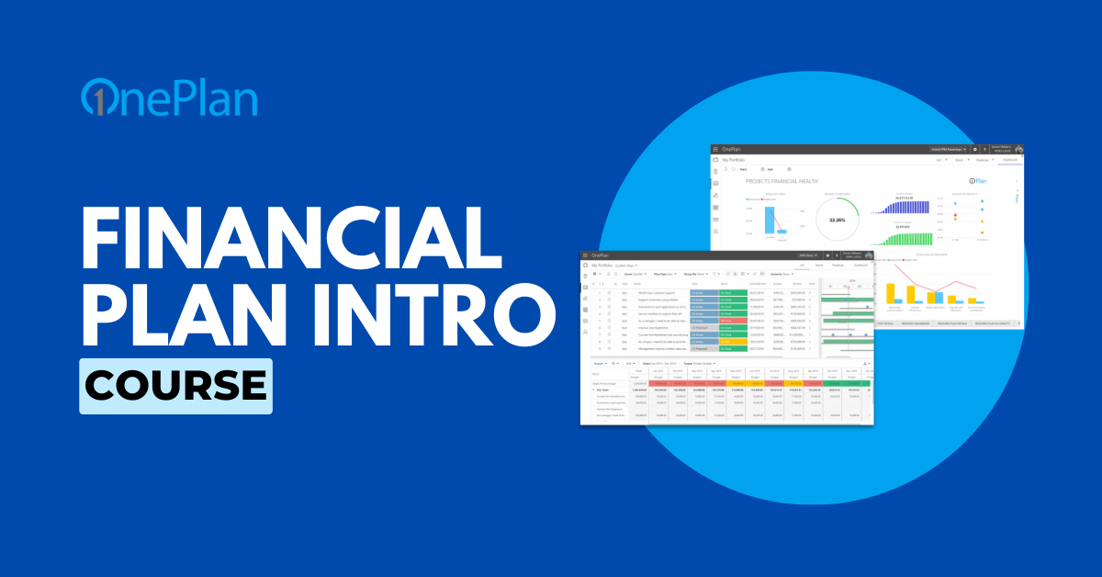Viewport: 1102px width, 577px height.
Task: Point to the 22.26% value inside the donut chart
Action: [836, 220]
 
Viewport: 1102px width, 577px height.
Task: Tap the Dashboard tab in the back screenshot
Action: [1009, 160]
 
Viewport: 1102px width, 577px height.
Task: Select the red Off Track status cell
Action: [732, 334]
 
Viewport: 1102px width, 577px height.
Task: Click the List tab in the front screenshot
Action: [803, 265]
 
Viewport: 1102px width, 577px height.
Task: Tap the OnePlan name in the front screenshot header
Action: [601, 255]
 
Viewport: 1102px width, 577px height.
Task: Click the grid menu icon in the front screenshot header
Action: [586, 255]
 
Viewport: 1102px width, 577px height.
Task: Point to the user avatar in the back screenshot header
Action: [1018, 149]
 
